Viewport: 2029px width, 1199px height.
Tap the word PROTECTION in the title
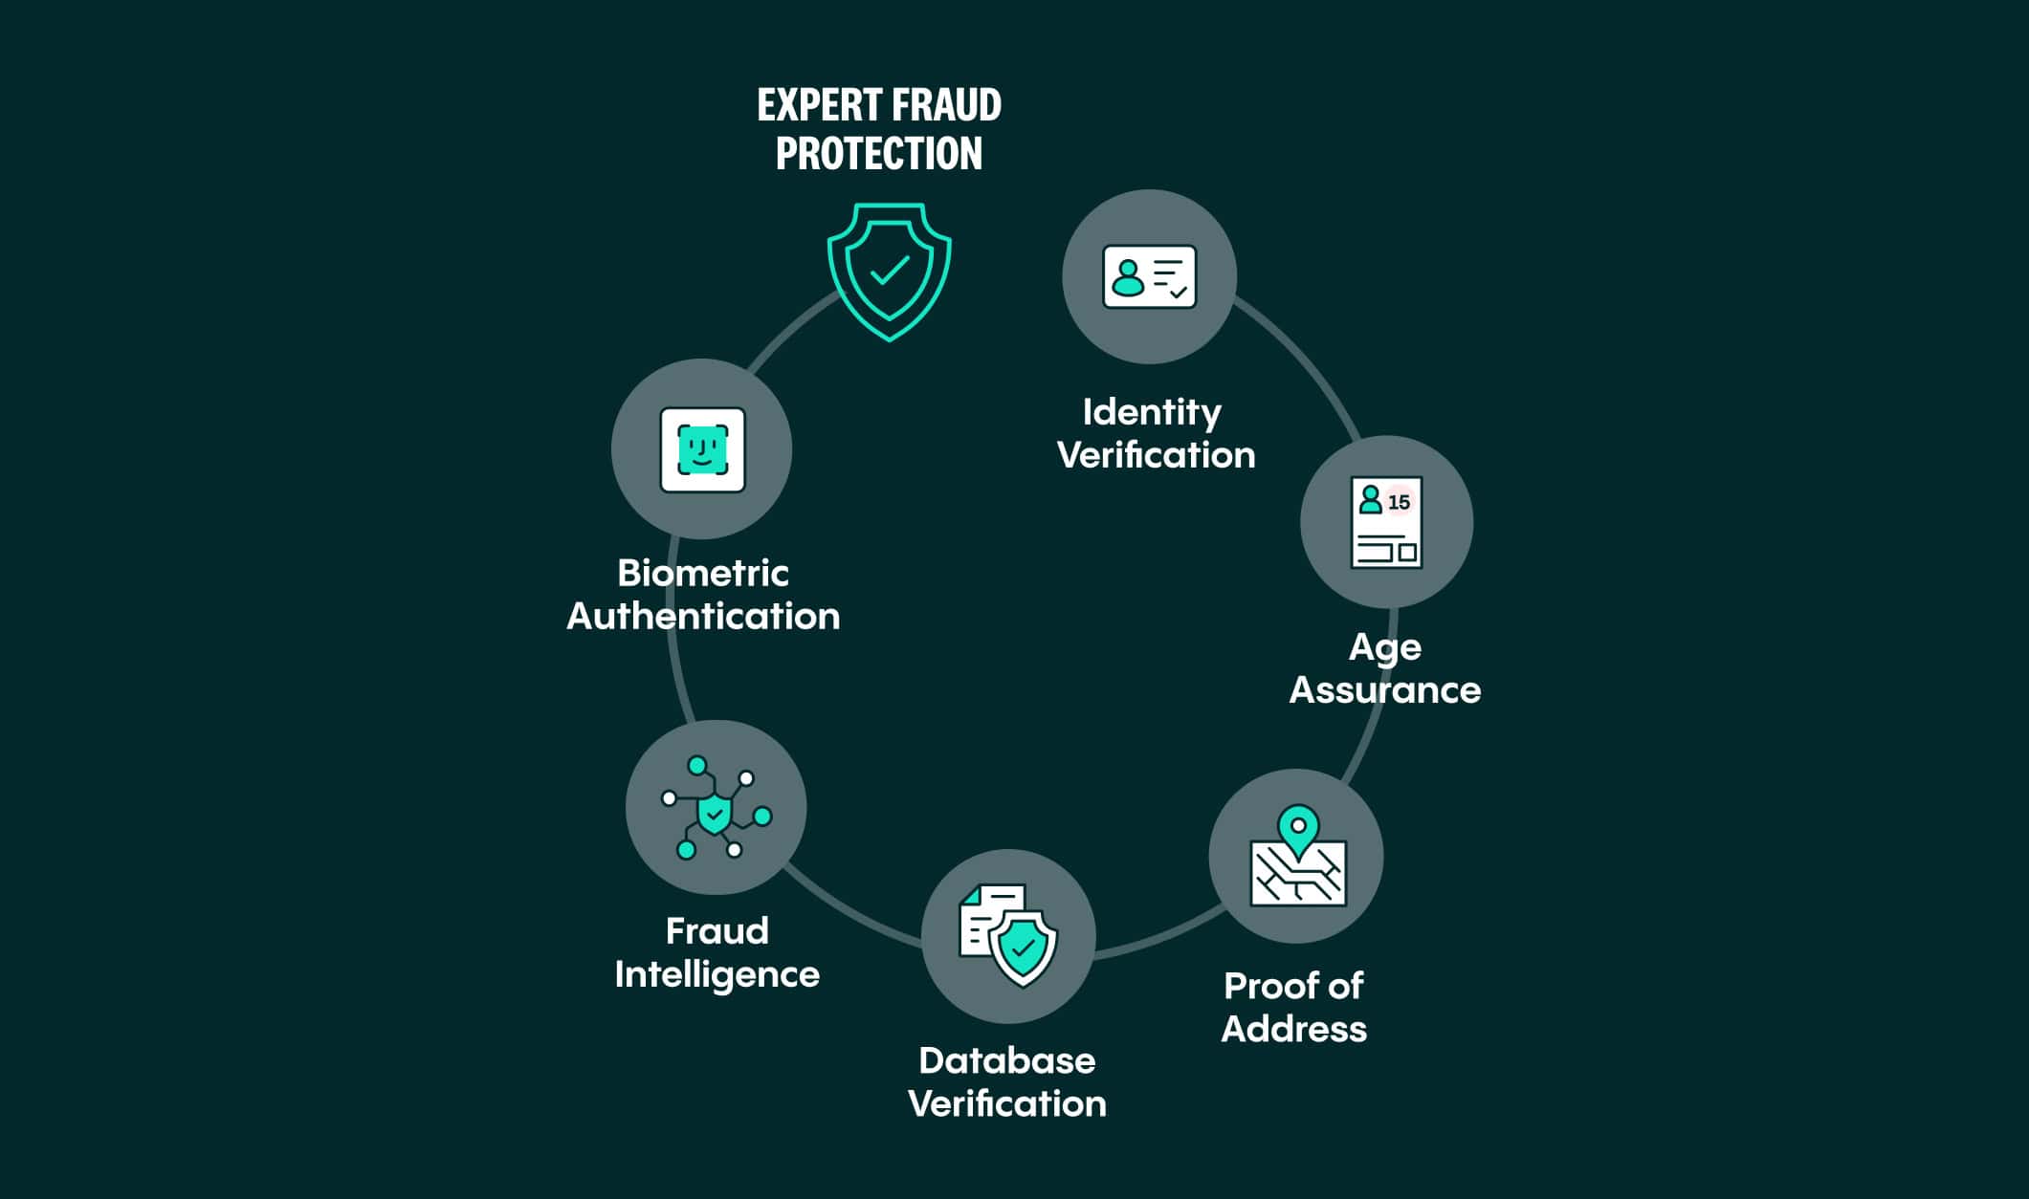879,154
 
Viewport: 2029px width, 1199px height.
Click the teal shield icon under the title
889,272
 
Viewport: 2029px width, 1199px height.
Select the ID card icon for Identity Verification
1149,276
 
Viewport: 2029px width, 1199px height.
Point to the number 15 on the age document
1399,502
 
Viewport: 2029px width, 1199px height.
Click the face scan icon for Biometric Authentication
702,449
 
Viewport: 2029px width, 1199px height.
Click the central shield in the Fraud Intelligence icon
715,814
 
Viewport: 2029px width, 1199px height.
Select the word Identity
1152,413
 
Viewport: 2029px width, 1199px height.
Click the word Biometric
703,574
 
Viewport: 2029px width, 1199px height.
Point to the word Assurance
1385,690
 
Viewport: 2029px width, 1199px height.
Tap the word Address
1294,1030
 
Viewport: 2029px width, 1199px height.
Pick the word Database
1007,1061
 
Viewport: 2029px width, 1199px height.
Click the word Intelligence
717,975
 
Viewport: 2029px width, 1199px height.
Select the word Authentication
703,617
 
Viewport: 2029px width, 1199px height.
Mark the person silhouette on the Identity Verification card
1129,278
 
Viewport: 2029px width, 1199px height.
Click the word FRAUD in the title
946,105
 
